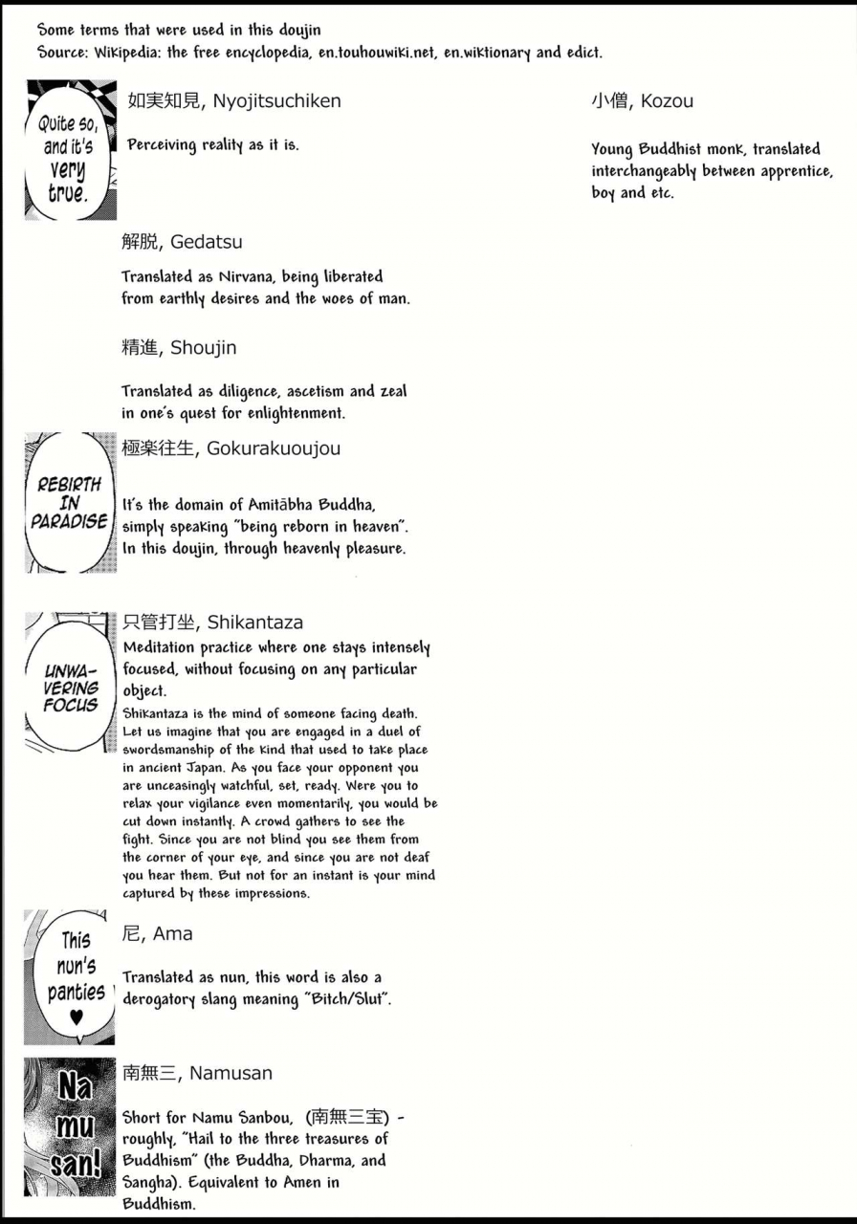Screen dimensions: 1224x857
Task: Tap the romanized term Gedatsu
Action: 207,243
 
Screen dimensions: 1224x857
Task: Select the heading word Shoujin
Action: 204,348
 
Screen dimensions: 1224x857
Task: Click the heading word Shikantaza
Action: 255,623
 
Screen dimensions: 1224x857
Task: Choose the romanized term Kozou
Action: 668,101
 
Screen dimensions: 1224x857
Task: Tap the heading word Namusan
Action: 231,1073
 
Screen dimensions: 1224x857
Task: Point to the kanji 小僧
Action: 610,101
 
